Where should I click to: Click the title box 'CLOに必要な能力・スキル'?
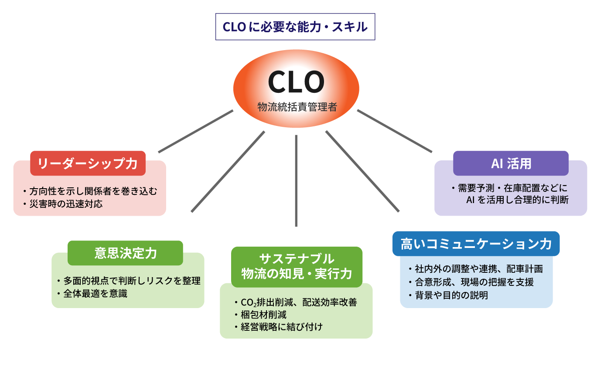pyautogui.click(x=295, y=27)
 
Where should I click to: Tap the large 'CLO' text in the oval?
pyautogui.click(x=296, y=81)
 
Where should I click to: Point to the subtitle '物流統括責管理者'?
pyautogui.click(x=297, y=107)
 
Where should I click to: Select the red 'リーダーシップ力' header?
pyautogui.click(x=88, y=163)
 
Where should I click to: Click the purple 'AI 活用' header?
pyautogui.click(x=511, y=163)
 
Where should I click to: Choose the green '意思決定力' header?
pyautogui.click(x=125, y=253)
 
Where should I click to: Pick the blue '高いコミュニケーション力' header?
pyautogui.click(x=476, y=244)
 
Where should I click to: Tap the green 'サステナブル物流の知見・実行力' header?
pyautogui.click(x=297, y=267)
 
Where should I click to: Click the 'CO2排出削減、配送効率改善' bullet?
pyautogui.click(x=298, y=302)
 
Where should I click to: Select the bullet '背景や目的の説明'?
pyautogui.click(x=451, y=295)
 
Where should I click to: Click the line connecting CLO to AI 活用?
pyautogui.click(x=395, y=131)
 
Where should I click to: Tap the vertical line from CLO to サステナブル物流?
pyautogui.click(x=296, y=181)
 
